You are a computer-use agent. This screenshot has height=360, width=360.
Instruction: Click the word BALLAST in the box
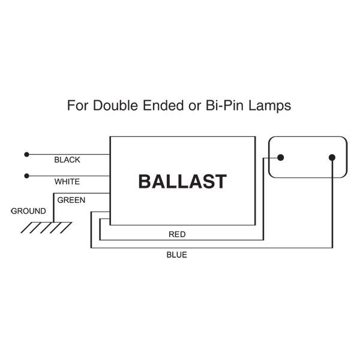pos(182,181)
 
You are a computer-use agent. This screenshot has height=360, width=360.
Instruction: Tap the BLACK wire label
pos(67,160)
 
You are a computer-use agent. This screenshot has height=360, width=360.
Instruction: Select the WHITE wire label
pos(67,182)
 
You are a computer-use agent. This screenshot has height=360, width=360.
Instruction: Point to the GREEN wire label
pos(71,200)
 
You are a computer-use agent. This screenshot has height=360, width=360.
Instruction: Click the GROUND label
pos(28,211)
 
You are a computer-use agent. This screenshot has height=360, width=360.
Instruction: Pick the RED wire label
pos(177,235)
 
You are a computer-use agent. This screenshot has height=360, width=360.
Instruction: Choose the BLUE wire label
pos(176,255)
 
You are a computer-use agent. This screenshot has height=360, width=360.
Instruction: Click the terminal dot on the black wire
pos(26,155)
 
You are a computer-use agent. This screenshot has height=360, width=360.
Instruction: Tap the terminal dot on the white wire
pos(26,176)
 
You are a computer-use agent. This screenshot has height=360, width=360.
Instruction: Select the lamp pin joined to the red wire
pos(281,157)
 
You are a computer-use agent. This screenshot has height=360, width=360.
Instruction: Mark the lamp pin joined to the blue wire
pos(332,157)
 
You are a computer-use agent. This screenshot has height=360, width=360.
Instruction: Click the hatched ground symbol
pos(46,227)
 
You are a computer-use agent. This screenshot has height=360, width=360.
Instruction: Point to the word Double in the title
pos(115,106)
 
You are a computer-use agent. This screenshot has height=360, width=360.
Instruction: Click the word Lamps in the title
pos(270,106)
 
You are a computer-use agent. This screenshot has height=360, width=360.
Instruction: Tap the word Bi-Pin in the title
pos(225,106)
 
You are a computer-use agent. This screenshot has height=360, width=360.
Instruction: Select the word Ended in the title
pos(163,106)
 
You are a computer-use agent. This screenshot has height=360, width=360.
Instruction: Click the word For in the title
pos(77,106)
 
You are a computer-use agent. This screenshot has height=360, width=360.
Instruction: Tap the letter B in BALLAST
pos(145,181)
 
